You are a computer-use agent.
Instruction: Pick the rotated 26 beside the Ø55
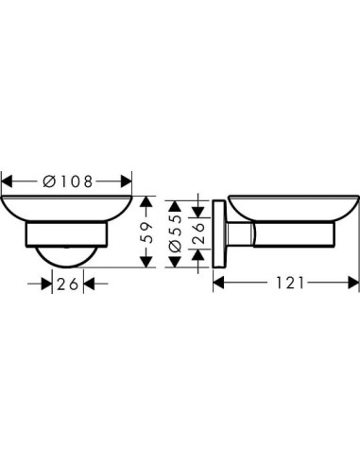tap(198, 232)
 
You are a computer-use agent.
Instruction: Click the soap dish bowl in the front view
tap(66, 210)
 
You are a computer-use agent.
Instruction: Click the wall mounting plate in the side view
tap(219, 232)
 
